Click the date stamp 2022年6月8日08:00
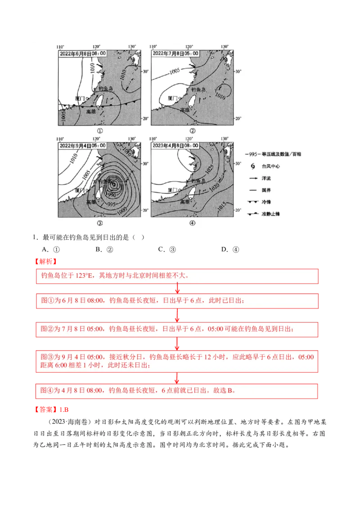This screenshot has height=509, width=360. (x=83, y=54)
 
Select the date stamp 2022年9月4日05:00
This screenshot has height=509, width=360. (x=83, y=146)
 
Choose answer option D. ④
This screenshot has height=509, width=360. (x=230, y=250)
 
